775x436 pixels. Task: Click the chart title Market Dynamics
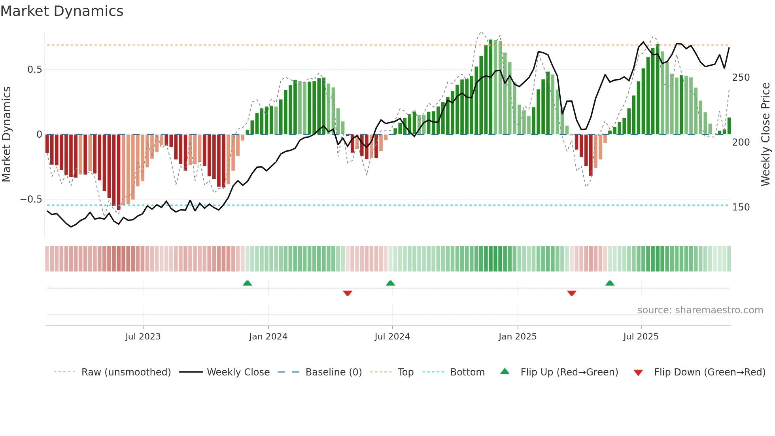coord(62,11)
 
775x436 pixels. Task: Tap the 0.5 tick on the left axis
coord(34,70)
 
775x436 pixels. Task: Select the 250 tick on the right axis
coord(741,78)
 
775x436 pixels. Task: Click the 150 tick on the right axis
coord(741,207)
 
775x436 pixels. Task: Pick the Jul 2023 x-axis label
coord(143,337)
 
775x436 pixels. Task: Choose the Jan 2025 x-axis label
coord(517,337)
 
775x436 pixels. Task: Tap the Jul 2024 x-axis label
coord(392,337)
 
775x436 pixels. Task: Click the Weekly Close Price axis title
coord(766,135)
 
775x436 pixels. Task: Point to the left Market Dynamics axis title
coord(6,135)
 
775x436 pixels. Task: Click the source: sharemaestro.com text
coord(700,310)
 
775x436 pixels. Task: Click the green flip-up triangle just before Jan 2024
coord(247,283)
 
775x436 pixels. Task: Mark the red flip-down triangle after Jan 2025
coord(571,293)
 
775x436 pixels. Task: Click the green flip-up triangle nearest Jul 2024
coord(390,283)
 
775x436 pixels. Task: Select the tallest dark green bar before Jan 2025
coord(491,87)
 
